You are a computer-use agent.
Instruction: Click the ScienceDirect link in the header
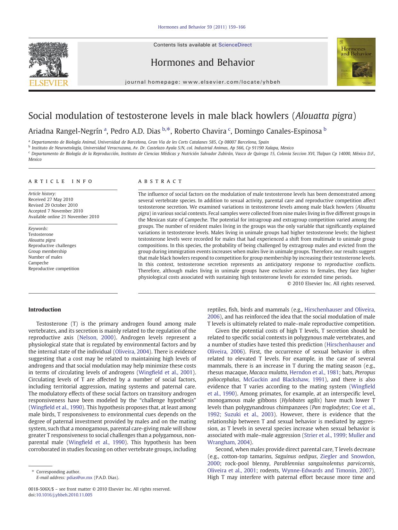(235, 45)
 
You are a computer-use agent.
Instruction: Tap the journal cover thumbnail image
(356, 62)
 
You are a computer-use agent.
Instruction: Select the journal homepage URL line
(203, 82)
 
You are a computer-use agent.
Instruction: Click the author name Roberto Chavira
(200, 131)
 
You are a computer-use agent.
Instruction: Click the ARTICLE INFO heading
(60, 181)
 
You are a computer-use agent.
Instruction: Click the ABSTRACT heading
(160, 181)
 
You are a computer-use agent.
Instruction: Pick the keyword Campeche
(38, 263)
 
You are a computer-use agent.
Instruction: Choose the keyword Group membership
(47, 251)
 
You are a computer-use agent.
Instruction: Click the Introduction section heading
(45, 310)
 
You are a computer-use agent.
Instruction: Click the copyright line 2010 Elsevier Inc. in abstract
(331, 283)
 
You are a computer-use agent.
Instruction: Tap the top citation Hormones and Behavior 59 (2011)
(202, 27)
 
